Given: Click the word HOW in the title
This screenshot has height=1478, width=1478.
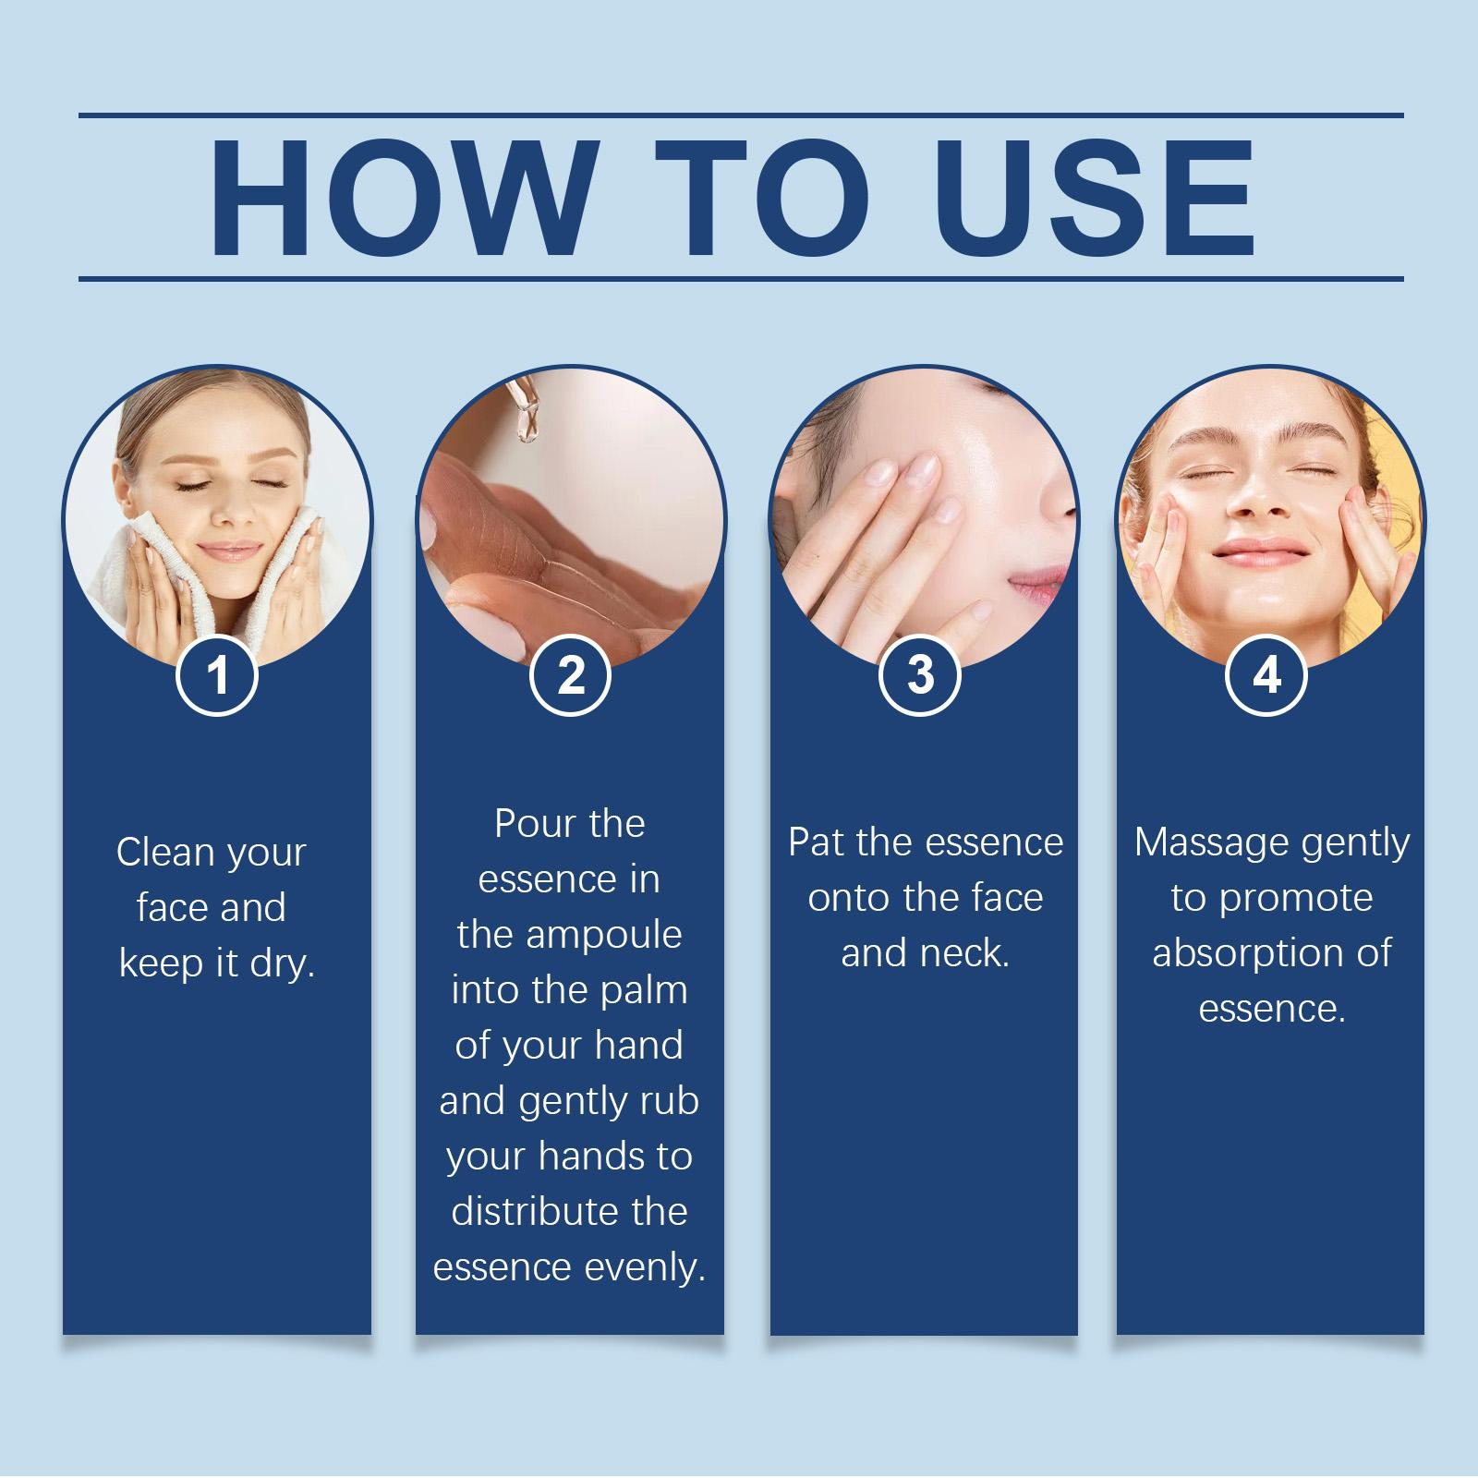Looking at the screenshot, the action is (x=402, y=198).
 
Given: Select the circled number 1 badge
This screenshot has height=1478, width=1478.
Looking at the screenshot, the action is (x=216, y=674).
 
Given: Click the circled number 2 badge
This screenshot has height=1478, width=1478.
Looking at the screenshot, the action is (x=571, y=674).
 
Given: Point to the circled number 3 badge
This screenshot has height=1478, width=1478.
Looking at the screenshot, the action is (x=920, y=674).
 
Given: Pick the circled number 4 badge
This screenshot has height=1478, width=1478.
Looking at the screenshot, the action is (x=1266, y=674).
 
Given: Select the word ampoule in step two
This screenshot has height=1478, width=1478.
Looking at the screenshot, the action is (x=603, y=936).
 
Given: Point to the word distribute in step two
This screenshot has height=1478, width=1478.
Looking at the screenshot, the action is (x=527, y=1211).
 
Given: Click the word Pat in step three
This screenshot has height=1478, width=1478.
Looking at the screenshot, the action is (x=816, y=842).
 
